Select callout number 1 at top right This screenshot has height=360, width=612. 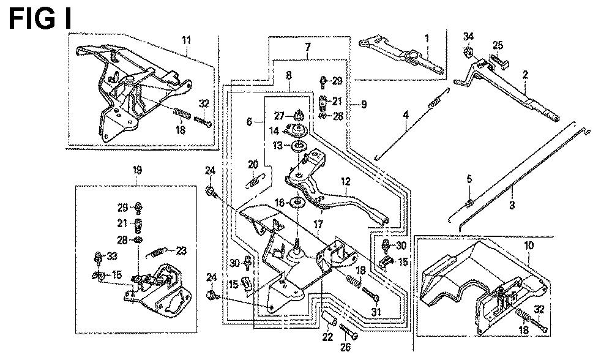pos(427,38)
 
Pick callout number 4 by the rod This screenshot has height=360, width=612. pos(405,113)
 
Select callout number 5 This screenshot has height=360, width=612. pos(469,179)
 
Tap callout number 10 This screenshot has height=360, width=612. pos(529,246)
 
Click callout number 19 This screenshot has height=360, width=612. pos(137,170)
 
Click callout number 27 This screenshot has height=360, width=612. pos(278,115)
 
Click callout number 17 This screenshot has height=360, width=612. pos(318,225)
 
